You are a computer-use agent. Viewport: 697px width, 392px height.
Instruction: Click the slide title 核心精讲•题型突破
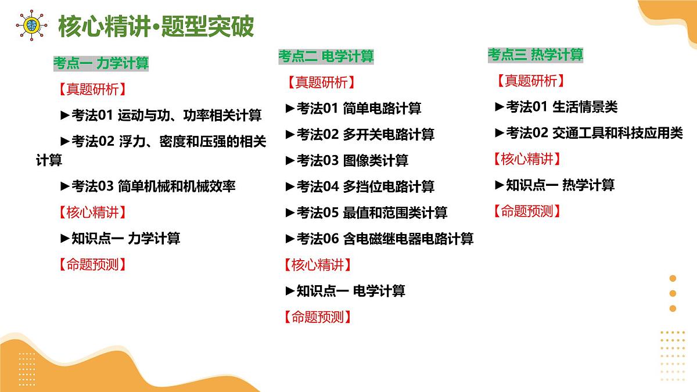pyautogui.click(x=156, y=26)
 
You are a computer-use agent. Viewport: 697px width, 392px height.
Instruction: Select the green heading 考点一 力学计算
pyautogui.click(x=101, y=63)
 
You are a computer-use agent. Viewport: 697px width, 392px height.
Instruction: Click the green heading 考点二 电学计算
pyautogui.click(x=326, y=56)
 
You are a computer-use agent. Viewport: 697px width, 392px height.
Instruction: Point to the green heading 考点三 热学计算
pyautogui.click(x=535, y=55)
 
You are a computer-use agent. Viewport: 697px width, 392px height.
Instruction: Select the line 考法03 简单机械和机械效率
pyautogui.click(x=148, y=186)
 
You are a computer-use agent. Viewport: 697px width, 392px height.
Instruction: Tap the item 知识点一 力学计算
pyautogui.click(x=120, y=238)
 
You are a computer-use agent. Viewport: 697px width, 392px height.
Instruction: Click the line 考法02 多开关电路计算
pyautogui.click(x=360, y=134)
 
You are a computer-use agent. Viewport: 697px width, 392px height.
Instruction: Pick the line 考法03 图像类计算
pyautogui.click(x=347, y=160)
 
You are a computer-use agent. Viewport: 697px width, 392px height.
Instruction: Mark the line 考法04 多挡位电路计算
pyautogui.click(x=360, y=186)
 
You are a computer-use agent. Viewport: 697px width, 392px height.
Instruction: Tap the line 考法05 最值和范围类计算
pyautogui.click(x=367, y=213)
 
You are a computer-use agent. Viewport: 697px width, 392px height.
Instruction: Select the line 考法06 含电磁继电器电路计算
pyautogui.click(x=379, y=238)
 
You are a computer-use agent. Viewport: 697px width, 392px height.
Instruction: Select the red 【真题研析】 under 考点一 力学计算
pyautogui.click(x=92, y=89)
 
